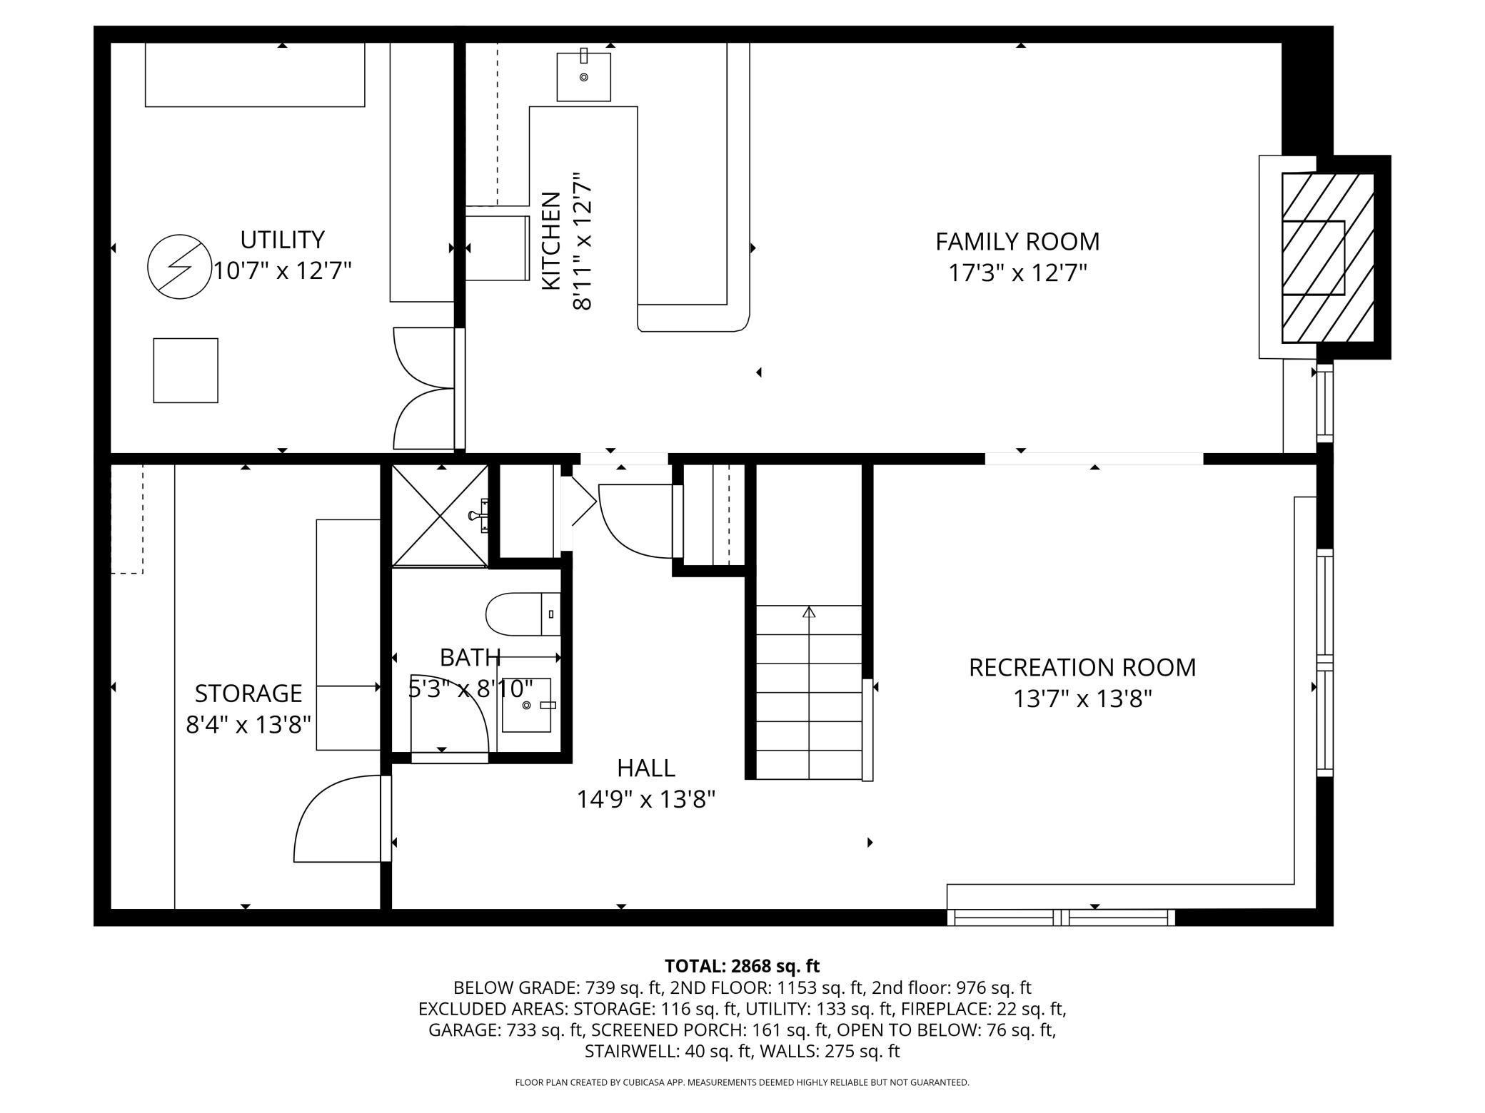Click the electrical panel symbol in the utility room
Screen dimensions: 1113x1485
click(x=178, y=267)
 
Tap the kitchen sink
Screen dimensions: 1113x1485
click(x=583, y=76)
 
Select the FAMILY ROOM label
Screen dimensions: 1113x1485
click(x=1017, y=241)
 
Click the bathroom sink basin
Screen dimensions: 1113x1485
click(x=527, y=705)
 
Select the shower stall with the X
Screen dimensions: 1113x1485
click(x=441, y=515)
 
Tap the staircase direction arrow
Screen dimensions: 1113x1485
click(x=809, y=612)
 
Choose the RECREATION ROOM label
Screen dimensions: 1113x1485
click(x=1082, y=667)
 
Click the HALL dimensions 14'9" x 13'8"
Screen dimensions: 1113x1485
click(x=645, y=800)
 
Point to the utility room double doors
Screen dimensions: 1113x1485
click(x=424, y=390)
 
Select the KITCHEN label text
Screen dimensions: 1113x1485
click(x=551, y=240)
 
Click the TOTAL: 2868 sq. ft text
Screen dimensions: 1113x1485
click(x=742, y=966)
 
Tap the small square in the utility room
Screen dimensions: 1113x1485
click(x=186, y=370)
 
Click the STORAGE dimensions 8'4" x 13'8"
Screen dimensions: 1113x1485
click(x=248, y=725)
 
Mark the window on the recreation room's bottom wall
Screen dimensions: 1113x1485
click(x=1061, y=918)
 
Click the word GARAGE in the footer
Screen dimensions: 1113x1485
click(x=463, y=1030)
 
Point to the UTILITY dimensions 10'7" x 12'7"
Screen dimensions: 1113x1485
click(x=283, y=271)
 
